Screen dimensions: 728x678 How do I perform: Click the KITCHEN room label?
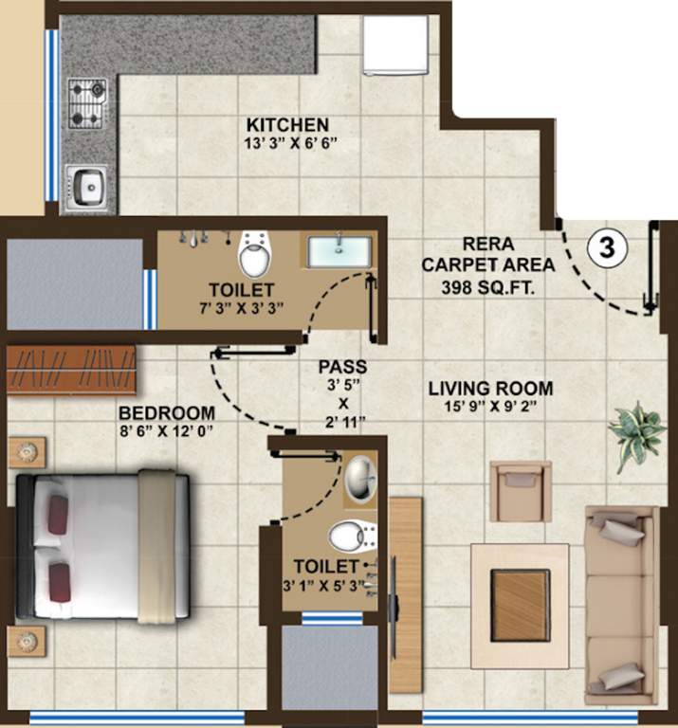coord(287,125)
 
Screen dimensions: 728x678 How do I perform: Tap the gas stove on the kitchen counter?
coord(86,103)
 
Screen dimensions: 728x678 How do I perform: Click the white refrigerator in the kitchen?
coord(394,45)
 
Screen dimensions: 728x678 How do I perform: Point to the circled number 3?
coord(607,248)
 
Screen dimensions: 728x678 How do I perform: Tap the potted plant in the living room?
coord(636,432)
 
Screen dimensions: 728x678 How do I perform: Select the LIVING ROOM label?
coord(490,388)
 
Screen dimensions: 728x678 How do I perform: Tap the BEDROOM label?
coord(167,413)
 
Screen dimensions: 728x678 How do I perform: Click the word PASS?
coord(342,366)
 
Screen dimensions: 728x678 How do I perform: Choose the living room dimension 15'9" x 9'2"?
coord(490,408)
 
